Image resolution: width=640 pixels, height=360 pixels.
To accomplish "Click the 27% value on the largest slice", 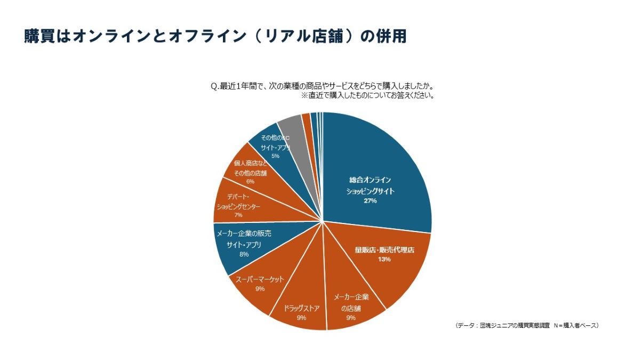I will (370, 201).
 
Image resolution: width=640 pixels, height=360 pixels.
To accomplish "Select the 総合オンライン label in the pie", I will (370, 180).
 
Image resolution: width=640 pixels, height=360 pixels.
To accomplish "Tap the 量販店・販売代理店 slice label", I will (385, 250).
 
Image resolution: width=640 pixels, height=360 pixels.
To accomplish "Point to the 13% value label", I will (385, 260).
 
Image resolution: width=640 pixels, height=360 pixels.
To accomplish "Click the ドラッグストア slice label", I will (302, 308).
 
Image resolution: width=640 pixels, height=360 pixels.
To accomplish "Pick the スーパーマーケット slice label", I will (260, 279).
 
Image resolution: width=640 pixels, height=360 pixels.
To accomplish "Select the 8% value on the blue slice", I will (244, 254).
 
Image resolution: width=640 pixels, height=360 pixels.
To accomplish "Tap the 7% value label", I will (238, 215).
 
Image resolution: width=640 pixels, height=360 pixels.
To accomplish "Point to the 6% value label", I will (250, 181).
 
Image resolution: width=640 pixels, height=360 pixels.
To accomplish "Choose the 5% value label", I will (275, 156).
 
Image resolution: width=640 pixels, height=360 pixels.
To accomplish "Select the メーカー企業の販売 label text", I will (244, 234).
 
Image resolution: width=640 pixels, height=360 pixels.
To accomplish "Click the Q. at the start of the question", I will (215, 86).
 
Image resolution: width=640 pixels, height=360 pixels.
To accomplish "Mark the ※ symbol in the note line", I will (305, 96).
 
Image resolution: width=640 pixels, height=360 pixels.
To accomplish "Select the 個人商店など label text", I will (250, 163).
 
